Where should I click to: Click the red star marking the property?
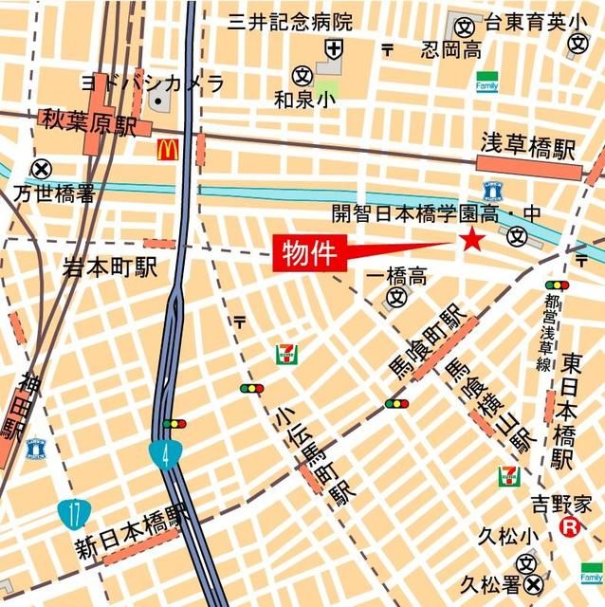tap(471, 240)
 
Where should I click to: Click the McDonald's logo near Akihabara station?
tap(168, 149)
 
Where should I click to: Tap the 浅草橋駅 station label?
tap(527, 148)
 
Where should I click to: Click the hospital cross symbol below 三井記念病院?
tap(333, 48)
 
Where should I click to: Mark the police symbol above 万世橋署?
tap(40, 170)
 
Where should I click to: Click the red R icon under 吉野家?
tap(570, 528)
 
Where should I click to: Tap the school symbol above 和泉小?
tap(302, 73)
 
